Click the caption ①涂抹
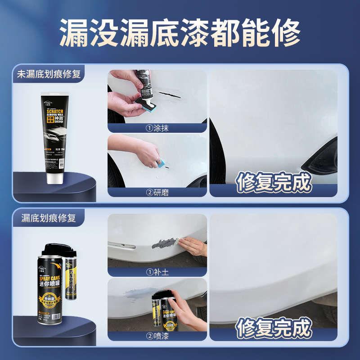(x=157, y=128)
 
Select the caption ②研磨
(x=157, y=192)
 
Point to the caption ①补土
(x=157, y=272)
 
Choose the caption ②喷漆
(x=157, y=336)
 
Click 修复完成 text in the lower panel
(x=274, y=328)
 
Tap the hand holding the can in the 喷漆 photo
(x=184, y=310)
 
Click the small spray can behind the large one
(x=71, y=279)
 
